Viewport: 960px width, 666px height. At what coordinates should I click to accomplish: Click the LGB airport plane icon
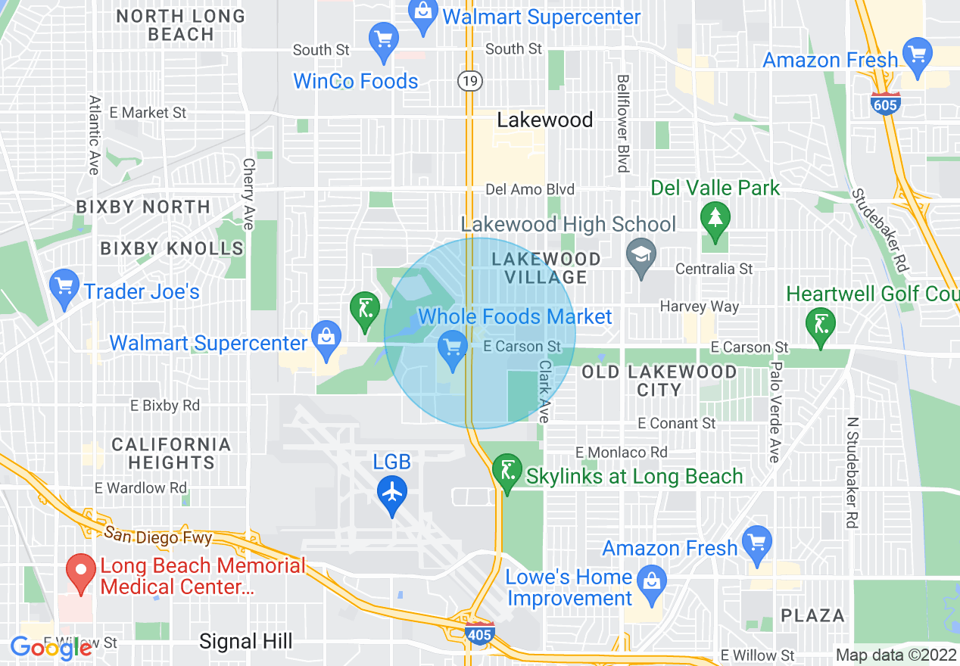[392, 491]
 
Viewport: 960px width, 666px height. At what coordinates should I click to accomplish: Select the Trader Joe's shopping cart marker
[64, 288]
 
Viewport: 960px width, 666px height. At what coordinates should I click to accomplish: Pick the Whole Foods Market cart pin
[453, 349]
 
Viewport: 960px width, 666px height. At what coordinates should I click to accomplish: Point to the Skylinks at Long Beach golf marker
[506, 471]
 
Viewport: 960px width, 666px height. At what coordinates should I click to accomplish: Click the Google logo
[51, 647]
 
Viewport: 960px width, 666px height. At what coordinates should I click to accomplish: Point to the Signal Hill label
[245, 642]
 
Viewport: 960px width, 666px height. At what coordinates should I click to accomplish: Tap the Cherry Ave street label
[248, 193]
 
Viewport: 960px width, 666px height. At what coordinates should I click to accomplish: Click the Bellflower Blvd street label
[623, 123]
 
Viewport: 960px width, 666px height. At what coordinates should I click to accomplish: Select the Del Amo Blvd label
[530, 189]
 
